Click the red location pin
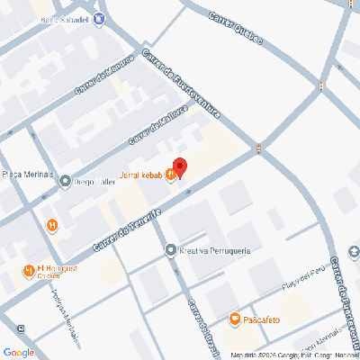(x=179, y=167)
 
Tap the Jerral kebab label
(x=139, y=175)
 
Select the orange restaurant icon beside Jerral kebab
(x=170, y=175)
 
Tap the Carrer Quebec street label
(x=236, y=29)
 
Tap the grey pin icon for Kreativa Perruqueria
(x=171, y=249)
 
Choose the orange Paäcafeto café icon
(x=234, y=318)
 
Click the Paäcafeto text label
(x=262, y=318)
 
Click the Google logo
(x=19, y=351)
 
